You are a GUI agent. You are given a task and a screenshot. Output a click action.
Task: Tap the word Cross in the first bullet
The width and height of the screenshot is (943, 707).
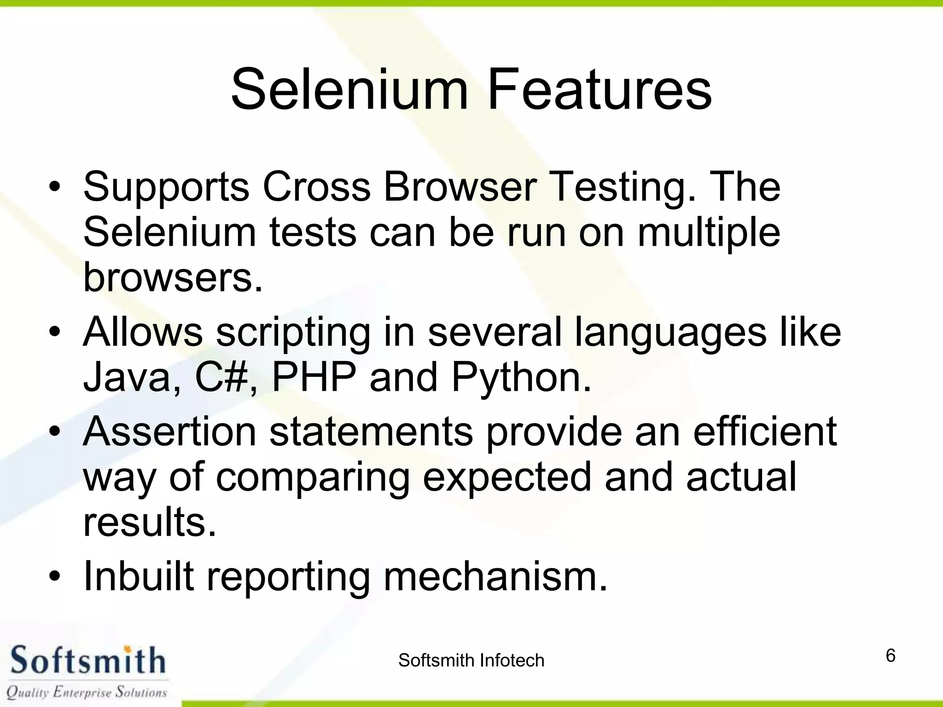[x=316, y=187]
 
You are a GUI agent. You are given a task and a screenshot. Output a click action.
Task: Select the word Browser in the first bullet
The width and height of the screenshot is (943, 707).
[x=460, y=187]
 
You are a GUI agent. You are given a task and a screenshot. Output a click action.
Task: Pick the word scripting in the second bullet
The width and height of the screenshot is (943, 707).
[x=293, y=332]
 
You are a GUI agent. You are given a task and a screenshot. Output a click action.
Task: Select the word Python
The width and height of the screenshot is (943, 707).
[x=521, y=377]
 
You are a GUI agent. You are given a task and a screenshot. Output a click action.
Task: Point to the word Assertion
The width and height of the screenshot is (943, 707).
[x=169, y=432]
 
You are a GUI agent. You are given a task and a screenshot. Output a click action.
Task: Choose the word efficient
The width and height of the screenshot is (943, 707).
[x=765, y=432]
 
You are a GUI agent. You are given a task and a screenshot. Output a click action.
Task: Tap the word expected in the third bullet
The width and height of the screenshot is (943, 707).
[x=506, y=478]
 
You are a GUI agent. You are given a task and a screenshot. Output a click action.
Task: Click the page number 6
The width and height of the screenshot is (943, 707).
[x=891, y=655]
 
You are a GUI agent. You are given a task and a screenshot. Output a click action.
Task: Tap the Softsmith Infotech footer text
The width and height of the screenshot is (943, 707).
[x=471, y=661]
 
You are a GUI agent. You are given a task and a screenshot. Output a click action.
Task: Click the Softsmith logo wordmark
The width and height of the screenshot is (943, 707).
[x=87, y=661]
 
